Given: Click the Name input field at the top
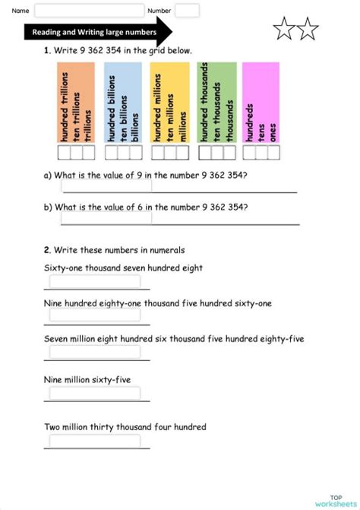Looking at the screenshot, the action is click(88, 11).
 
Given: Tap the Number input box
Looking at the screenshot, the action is click(187, 11).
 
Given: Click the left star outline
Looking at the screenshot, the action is click(284, 30).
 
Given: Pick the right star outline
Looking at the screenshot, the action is click(308, 30).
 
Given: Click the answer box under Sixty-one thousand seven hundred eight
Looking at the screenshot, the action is click(95, 282).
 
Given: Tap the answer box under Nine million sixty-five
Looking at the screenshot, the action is click(95, 393).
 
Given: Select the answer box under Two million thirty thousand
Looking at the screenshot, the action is click(95, 441).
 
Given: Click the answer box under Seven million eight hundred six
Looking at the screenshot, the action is click(95, 352).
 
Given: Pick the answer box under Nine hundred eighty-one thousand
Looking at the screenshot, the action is click(95, 318).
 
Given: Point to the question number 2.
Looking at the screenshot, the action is click(47, 249).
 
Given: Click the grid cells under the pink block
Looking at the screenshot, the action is click(261, 153).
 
